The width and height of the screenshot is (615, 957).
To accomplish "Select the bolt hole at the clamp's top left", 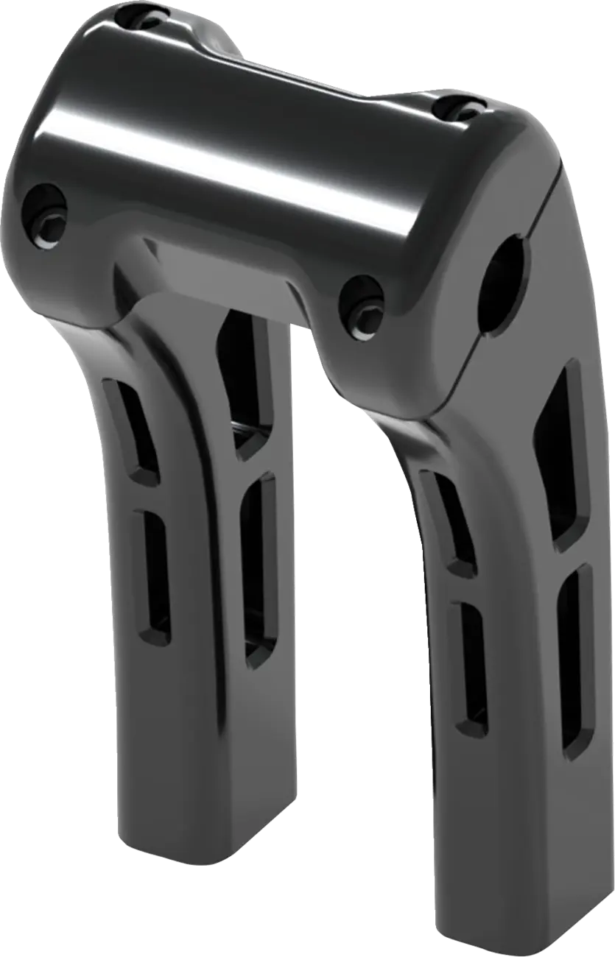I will tap(147, 16).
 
